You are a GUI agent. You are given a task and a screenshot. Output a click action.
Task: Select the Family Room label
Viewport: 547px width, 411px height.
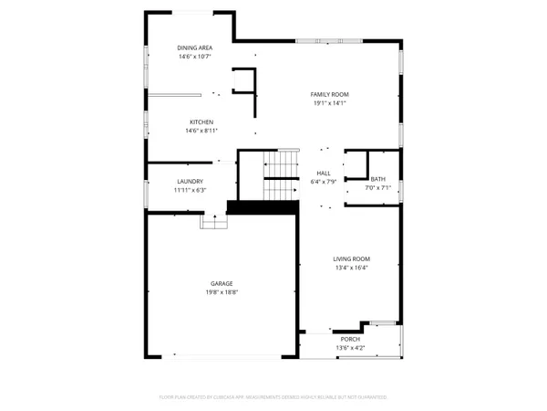330,94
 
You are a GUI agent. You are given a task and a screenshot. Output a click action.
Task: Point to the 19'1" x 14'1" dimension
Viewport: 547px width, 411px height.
330,103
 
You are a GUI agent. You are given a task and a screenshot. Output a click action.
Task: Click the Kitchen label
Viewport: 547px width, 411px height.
201,121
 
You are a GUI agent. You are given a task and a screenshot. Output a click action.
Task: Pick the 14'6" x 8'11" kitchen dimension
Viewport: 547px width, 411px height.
201,131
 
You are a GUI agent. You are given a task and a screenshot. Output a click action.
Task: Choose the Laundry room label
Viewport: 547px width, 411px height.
191,181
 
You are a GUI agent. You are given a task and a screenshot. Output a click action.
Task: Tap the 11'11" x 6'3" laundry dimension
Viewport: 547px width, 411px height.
191,190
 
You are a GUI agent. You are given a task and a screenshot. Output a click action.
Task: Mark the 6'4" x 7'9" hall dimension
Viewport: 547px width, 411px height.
323,181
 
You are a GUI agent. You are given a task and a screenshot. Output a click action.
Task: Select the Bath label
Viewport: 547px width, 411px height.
378,179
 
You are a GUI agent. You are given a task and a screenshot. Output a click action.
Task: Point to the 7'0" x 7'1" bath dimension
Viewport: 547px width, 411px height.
378,188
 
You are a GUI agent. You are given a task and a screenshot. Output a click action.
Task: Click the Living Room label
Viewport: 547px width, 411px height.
349,258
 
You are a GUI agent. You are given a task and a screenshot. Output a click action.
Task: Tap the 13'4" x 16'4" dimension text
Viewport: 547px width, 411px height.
349,268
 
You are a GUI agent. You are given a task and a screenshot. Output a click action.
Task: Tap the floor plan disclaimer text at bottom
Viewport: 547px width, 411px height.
273,397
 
